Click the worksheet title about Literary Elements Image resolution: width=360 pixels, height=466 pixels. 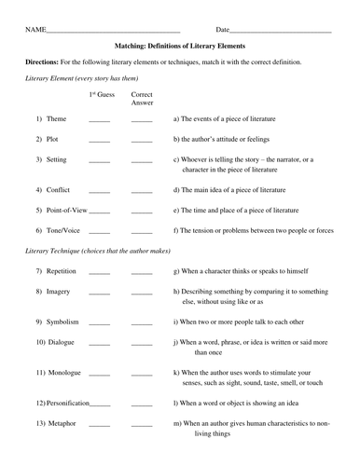(x=179, y=44)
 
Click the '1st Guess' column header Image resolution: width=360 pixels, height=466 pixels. (x=99, y=95)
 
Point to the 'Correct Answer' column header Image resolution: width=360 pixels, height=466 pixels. (x=142, y=99)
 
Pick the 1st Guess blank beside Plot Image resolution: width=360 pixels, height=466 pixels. (x=99, y=141)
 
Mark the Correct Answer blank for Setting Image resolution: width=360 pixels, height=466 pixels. (x=142, y=162)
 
